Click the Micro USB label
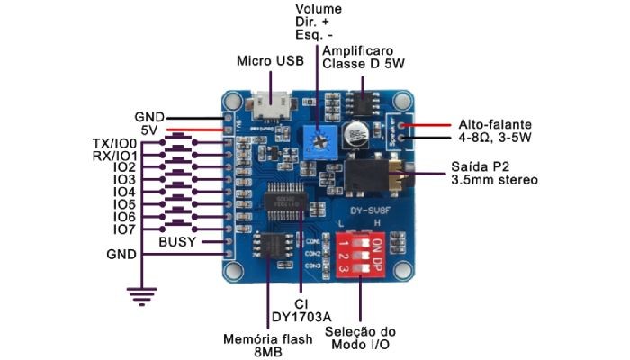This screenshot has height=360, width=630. pyautogui.click(x=269, y=61)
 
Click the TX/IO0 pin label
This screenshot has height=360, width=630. pyautogui.click(x=113, y=143)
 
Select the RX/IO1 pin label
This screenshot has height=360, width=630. pyautogui.click(x=113, y=156)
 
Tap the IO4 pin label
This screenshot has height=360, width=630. pyautogui.click(x=124, y=193)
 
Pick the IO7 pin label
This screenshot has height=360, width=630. pyautogui.click(x=124, y=229)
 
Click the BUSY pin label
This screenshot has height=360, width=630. pyautogui.click(x=178, y=242)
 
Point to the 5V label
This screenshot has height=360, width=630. pyautogui.click(x=148, y=130)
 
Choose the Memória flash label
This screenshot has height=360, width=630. pyautogui.click(x=268, y=339)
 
